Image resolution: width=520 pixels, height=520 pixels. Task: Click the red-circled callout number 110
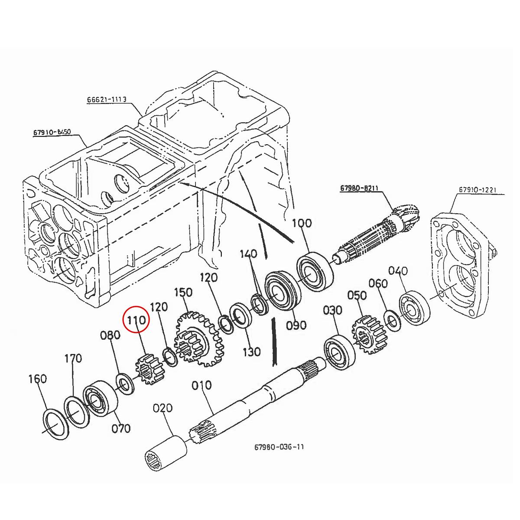[136, 321]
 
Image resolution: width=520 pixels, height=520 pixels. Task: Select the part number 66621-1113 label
[107, 100]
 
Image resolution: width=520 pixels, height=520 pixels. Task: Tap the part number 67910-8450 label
[52, 132]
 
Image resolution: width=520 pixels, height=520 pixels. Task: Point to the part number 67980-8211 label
[359, 188]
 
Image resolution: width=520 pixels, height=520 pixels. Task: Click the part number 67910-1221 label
[478, 190]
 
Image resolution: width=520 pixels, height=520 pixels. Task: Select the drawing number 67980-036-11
[279, 447]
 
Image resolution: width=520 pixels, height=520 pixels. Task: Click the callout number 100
[302, 223]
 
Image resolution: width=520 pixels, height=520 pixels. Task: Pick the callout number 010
[201, 385]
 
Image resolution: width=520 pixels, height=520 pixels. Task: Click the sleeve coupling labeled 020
[165, 452]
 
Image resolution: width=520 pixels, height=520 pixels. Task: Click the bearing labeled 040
[414, 310]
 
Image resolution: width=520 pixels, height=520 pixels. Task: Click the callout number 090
[296, 325]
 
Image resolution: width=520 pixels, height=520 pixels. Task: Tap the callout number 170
[73, 359]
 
